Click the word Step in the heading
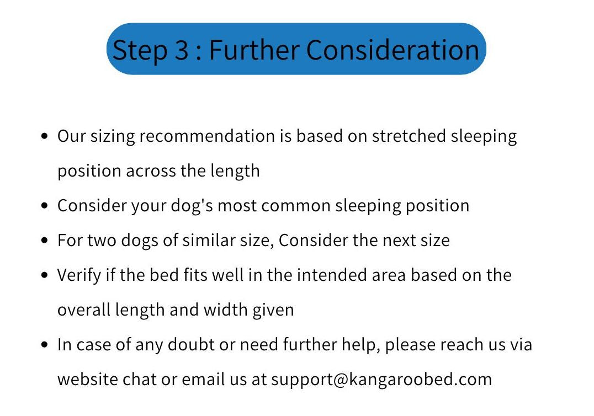[x=140, y=50]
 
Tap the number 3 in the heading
[x=182, y=50]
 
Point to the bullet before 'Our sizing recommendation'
[x=45, y=136]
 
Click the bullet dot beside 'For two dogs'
[x=45, y=241]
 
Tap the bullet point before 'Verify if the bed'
[x=45, y=275]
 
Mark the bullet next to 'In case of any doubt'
[x=45, y=345]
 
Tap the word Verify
[x=79, y=276]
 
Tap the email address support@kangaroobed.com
[x=381, y=380]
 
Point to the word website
[x=88, y=380]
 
